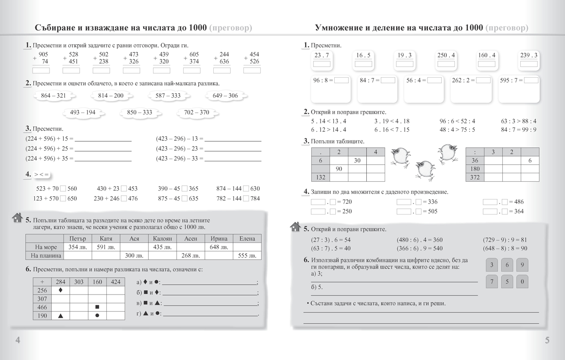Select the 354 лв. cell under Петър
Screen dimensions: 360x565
pyautogui.click(x=77, y=247)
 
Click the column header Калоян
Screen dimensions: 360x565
pyautogui.click(x=162, y=239)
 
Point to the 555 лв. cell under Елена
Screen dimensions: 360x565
pyautogui.click(x=247, y=256)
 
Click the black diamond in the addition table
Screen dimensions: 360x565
pyautogui.click(x=60, y=290)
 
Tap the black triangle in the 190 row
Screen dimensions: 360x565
pyautogui.click(x=60, y=316)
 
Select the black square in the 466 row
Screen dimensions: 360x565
pyautogui.click(x=97, y=307)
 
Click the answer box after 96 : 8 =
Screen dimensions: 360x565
pyautogui.click(x=342, y=80)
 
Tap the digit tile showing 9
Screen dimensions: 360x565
pyautogui.click(x=523, y=265)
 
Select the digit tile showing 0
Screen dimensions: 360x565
pyautogui.click(x=523, y=282)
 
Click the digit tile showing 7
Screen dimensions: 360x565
pyautogui.click(x=491, y=282)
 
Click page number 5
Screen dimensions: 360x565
pyautogui.click(x=547, y=341)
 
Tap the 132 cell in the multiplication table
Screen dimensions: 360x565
pyautogui.click(x=320, y=177)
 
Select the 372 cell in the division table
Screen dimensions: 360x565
pyautogui.click(x=475, y=177)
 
